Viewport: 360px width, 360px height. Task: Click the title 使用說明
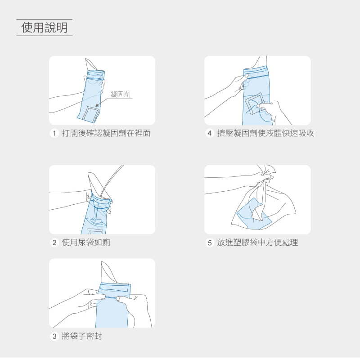tap(45, 27)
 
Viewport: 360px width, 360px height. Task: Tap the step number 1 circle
tap(54, 133)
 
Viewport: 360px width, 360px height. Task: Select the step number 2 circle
tap(54, 243)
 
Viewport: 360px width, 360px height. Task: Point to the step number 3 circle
tap(54, 336)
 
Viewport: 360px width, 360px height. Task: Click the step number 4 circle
tap(209, 133)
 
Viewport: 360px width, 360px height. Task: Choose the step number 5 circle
tap(209, 243)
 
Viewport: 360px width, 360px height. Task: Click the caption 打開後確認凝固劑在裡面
tap(106, 133)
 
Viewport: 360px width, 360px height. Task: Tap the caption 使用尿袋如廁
tap(86, 243)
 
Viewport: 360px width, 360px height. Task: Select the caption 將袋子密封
tap(82, 336)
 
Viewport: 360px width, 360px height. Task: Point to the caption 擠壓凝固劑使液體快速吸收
tap(265, 133)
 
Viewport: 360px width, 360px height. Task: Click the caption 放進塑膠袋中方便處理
tap(257, 243)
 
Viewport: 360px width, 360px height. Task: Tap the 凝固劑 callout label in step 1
tap(120, 94)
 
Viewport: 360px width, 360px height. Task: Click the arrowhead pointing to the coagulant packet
tap(97, 105)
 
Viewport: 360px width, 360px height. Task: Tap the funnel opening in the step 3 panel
tap(108, 273)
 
